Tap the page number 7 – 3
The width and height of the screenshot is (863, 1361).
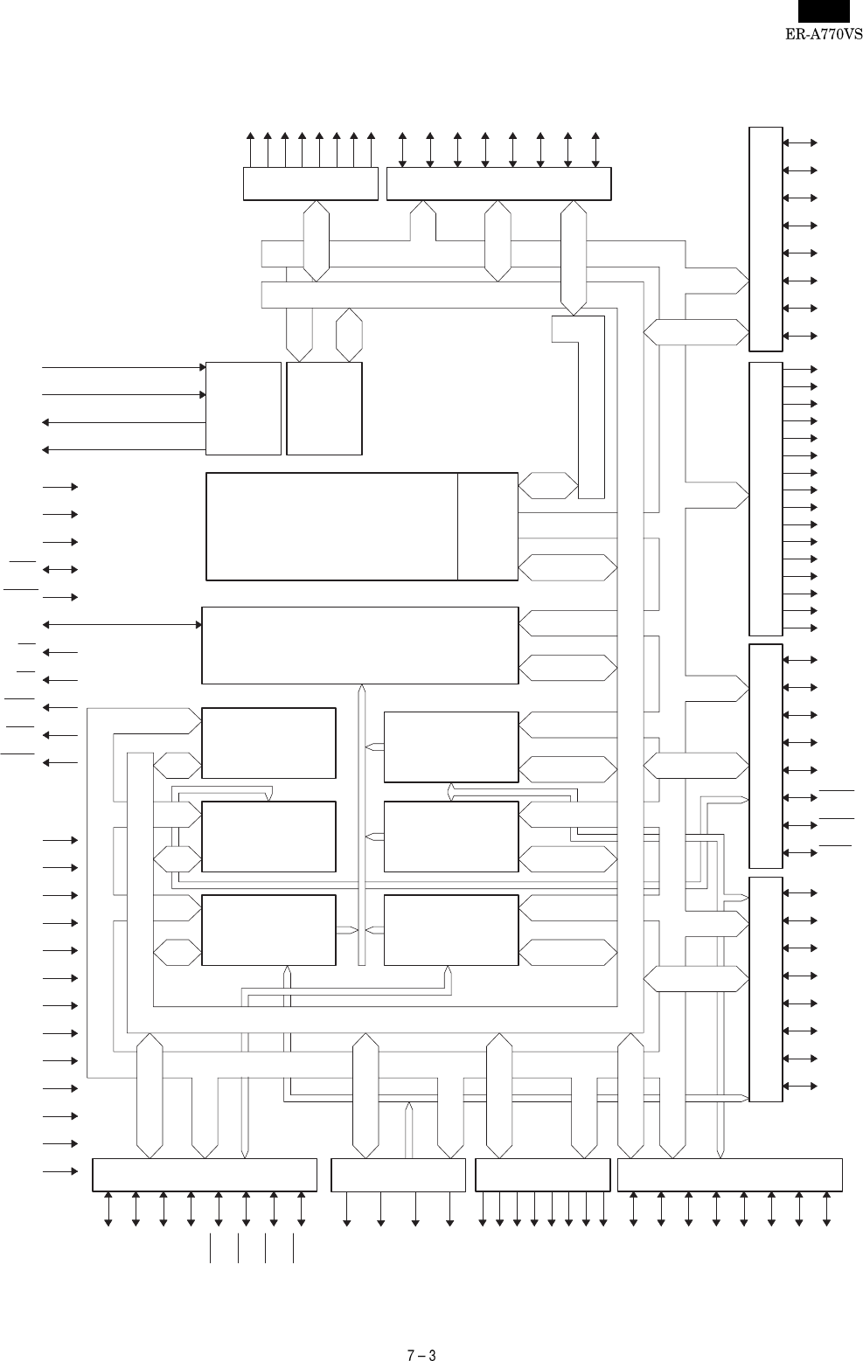(x=421, y=1332)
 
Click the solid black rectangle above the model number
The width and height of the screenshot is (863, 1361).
(x=822, y=10)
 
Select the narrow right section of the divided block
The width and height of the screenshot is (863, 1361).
(x=488, y=526)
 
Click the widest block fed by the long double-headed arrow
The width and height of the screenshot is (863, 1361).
(x=359, y=645)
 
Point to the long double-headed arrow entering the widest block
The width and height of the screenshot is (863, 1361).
(x=122, y=624)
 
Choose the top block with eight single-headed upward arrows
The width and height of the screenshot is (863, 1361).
(x=310, y=184)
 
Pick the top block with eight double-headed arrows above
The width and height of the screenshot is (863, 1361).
(x=498, y=184)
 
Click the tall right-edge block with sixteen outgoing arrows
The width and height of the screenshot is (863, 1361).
(x=766, y=498)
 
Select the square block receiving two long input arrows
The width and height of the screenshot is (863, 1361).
(x=243, y=408)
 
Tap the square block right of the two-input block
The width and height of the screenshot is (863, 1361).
(x=324, y=408)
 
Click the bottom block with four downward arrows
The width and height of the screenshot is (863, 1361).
(x=398, y=1175)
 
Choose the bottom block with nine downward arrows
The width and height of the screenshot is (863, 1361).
(x=542, y=1175)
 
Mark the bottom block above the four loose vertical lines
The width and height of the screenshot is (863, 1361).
(x=204, y=1175)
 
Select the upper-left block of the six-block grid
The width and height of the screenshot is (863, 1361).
(x=268, y=742)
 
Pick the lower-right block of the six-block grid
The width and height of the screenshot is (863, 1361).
(x=450, y=930)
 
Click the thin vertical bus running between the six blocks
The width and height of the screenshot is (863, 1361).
(x=360, y=826)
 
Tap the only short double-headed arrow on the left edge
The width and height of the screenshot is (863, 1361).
(x=59, y=570)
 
